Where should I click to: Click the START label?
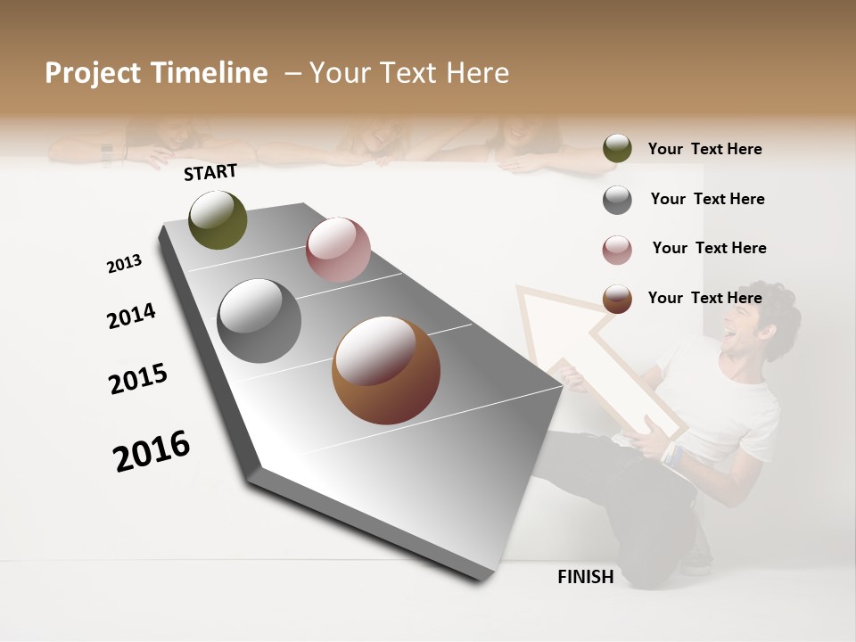pyautogui.click(x=210, y=172)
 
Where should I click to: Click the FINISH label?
pyautogui.click(x=586, y=577)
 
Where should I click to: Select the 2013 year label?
pyautogui.click(x=125, y=264)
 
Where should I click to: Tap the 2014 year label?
pyautogui.click(x=132, y=317)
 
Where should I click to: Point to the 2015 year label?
pyautogui.click(x=138, y=379)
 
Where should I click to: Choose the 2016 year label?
pyautogui.click(x=152, y=451)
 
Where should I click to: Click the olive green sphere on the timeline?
pyautogui.click(x=218, y=220)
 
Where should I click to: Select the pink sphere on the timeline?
pyautogui.click(x=338, y=250)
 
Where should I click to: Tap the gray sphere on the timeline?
pyautogui.click(x=259, y=321)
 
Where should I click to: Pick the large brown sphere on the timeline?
pyautogui.click(x=386, y=370)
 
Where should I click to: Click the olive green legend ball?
pyautogui.click(x=617, y=149)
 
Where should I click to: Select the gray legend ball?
pyautogui.click(x=617, y=200)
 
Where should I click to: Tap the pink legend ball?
pyautogui.click(x=617, y=250)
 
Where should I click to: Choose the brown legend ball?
pyautogui.click(x=617, y=299)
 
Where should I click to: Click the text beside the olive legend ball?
pyautogui.click(x=704, y=150)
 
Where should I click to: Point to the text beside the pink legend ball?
pyautogui.click(x=709, y=248)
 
